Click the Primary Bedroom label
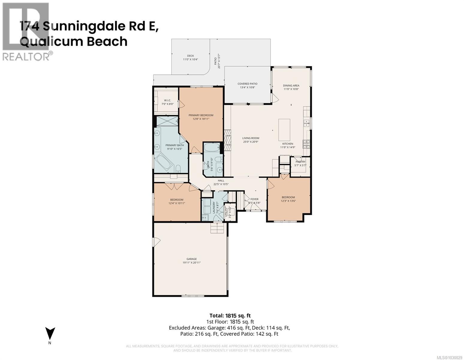click(x=201, y=115)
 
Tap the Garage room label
click(x=192, y=259)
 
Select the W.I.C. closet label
click(x=167, y=100)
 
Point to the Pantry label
click(x=300, y=162)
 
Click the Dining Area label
click(x=291, y=85)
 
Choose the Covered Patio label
click(x=247, y=84)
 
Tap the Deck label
click(x=190, y=56)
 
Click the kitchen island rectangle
click(x=284, y=130)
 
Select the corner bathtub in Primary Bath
click(x=163, y=163)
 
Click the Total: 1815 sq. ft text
click(x=230, y=315)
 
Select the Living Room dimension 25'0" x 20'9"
click(x=251, y=142)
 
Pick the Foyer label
click(x=254, y=199)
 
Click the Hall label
click(x=221, y=181)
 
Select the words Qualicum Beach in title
click(x=74, y=41)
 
